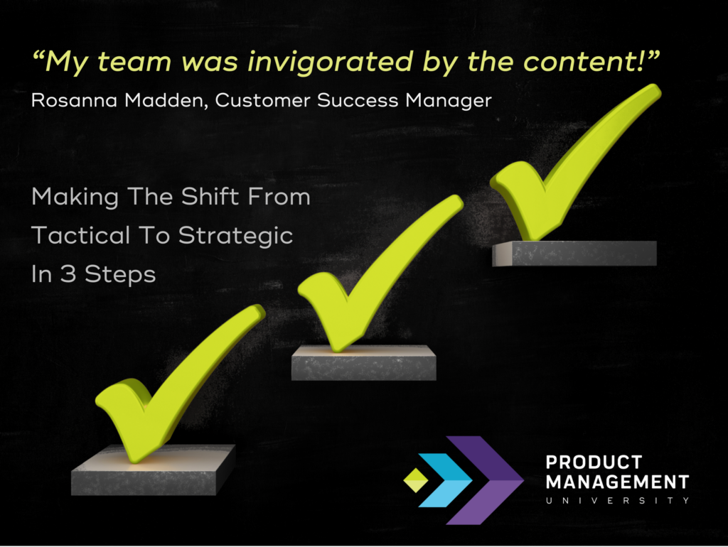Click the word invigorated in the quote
(x=330, y=63)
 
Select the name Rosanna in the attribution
(x=74, y=100)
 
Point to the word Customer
(x=263, y=100)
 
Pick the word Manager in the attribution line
(x=449, y=101)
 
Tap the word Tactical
(x=81, y=235)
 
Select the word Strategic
(x=236, y=236)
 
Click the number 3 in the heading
(x=68, y=273)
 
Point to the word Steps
(x=120, y=275)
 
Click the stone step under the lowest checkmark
(x=154, y=470)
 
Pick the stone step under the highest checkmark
(x=574, y=254)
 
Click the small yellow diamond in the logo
(x=416, y=480)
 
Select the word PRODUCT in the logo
(x=594, y=462)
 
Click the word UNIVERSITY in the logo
(x=618, y=501)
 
